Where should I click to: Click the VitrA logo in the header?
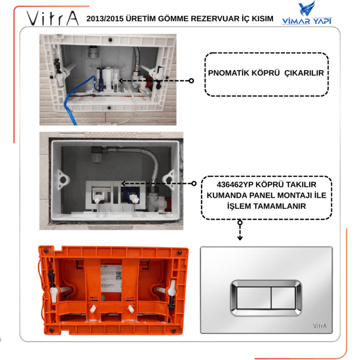[x=53, y=18]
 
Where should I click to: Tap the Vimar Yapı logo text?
[x=307, y=21]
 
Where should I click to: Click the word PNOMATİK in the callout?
[x=229, y=73]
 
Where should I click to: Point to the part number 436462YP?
[x=235, y=184]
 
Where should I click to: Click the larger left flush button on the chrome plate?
[x=254, y=298]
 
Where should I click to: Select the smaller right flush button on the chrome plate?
[x=283, y=298]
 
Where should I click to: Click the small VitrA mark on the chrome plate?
[x=319, y=326]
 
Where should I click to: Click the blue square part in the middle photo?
[x=130, y=194]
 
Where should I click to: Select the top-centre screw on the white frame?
[x=110, y=40]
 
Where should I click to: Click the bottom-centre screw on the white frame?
[x=109, y=107]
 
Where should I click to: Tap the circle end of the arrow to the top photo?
[x=191, y=81]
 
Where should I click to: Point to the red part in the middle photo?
[x=168, y=204]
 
